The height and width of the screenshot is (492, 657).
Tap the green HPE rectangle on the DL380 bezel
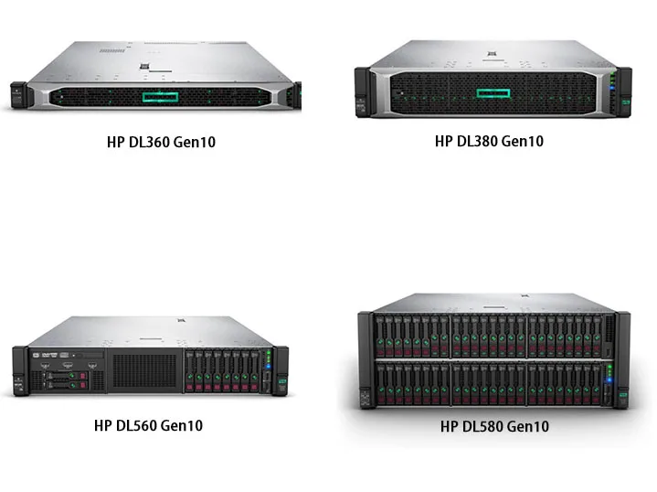[x=494, y=92]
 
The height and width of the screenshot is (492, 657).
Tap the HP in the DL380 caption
[x=443, y=141]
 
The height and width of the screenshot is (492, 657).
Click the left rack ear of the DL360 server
[x=18, y=94]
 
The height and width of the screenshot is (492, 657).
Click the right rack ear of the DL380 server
[x=625, y=91]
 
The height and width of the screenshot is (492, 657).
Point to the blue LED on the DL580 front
[x=609, y=368]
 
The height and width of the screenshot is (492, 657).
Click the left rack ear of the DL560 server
[x=19, y=371]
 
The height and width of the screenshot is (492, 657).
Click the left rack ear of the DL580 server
[x=364, y=361]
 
